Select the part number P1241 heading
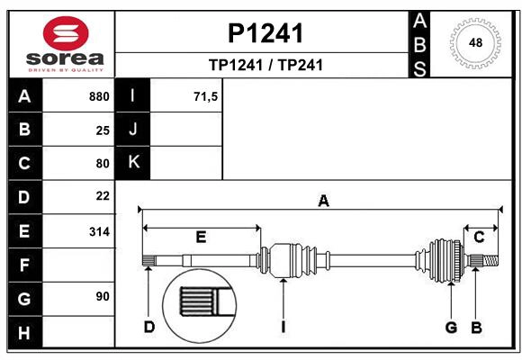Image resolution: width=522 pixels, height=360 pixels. point(265,33)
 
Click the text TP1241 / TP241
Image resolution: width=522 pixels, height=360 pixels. point(265,65)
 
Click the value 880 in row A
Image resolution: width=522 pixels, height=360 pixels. point(99,96)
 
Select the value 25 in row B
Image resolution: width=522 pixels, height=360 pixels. point(103,130)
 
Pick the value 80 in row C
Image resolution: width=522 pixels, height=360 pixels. point(103,163)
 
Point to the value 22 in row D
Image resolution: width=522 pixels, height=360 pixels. point(103,196)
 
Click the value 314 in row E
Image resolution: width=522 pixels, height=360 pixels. point(99,231)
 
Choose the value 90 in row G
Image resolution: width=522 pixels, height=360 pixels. point(103,296)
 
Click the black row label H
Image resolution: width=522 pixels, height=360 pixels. point(24,333)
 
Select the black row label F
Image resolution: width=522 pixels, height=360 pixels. point(24,265)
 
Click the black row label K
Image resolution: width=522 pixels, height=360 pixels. point(133,163)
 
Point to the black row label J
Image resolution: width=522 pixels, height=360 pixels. point(133,130)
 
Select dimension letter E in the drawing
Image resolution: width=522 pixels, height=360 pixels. point(201,238)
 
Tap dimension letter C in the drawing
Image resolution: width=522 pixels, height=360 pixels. point(480,237)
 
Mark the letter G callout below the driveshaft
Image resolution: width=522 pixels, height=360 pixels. point(451,327)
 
